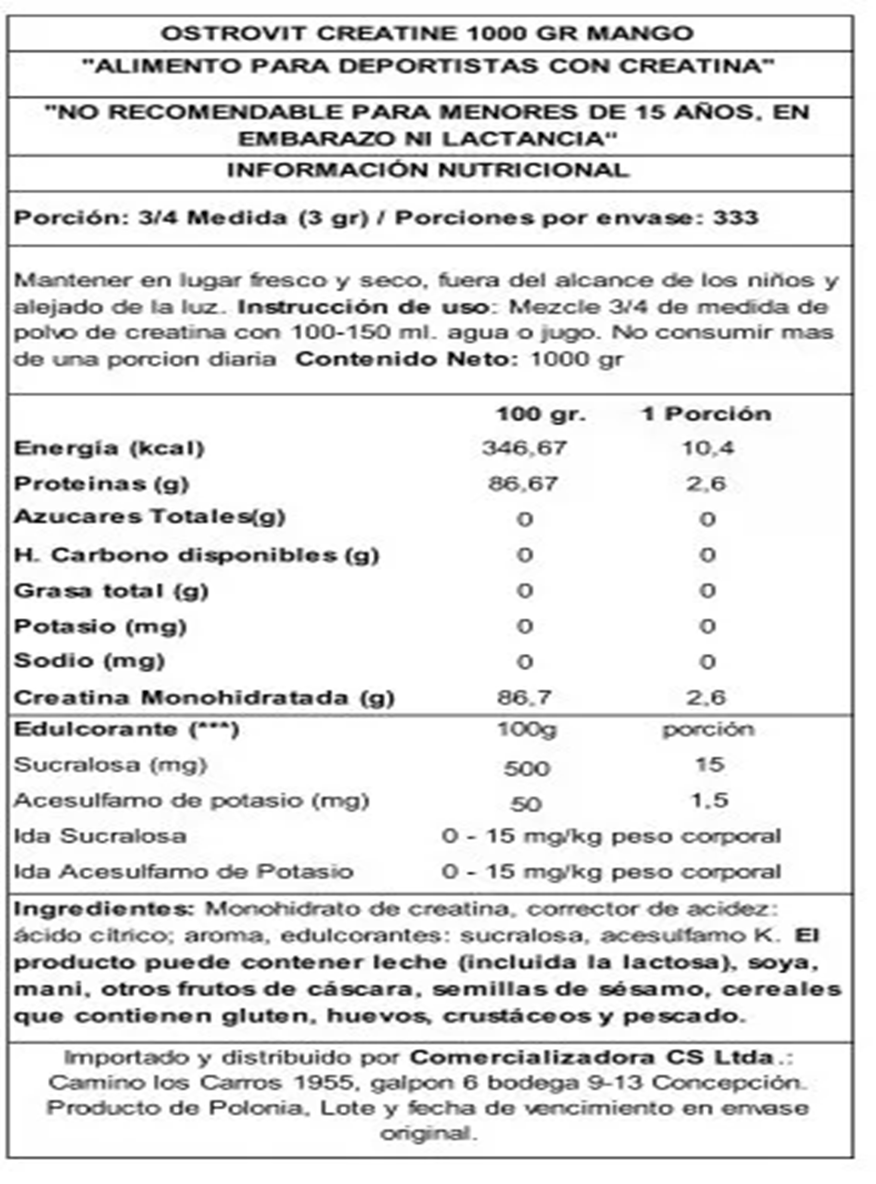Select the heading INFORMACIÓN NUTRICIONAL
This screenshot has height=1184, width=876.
[428, 170]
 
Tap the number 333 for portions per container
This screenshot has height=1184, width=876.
[735, 217]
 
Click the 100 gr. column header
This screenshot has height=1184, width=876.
[540, 413]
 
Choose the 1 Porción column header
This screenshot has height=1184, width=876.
[706, 413]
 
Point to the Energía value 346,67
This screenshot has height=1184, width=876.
[524, 448]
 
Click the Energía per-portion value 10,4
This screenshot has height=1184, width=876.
[707, 448]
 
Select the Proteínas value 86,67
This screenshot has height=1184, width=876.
[523, 484]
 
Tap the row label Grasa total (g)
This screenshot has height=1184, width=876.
[111, 591]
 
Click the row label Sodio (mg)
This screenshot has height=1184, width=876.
[89, 661]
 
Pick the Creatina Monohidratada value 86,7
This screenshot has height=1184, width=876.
[524, 697]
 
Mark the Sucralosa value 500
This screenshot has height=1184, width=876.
[526, 768]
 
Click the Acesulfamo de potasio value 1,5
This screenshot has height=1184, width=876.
[709, 800]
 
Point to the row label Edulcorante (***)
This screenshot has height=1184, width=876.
[126, 730]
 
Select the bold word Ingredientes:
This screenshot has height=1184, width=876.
[105, 909]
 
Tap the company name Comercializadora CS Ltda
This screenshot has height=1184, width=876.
[591, 1057]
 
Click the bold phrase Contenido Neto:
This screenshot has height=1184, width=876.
[407, 359]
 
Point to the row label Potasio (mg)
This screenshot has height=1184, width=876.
[100, 626]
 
